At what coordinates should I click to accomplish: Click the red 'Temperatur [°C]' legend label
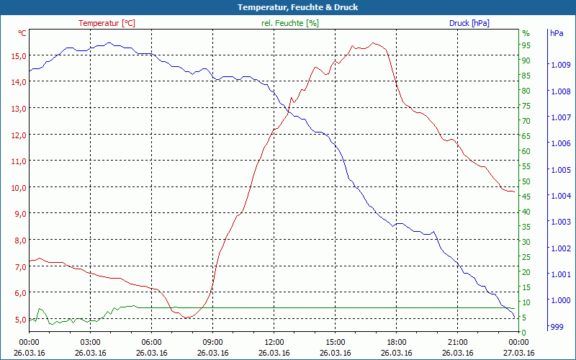coord(107,23)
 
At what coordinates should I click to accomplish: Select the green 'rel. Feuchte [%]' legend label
coord(289,23)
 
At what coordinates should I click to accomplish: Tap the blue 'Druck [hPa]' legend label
coord(469,23)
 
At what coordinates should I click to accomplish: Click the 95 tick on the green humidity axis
coord(526,45)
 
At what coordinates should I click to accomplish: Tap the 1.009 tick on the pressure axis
coord(559,66)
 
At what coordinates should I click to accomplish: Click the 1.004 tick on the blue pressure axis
coord(559,196)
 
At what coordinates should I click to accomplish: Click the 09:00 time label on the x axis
coord(212,343)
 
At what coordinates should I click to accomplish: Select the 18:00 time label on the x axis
coord(396,343)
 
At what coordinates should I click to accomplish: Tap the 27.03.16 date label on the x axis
coord(518,353)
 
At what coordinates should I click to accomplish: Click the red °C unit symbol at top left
coord(22,33)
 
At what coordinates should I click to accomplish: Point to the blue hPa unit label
coord(556,33)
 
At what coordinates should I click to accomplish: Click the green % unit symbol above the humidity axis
coord(526,33)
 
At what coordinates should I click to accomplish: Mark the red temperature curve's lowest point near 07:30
coord(187,318)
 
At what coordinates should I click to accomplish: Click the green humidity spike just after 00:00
coord(40,309)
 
